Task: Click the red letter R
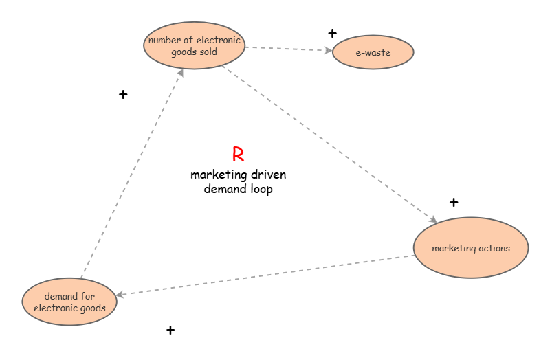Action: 238,155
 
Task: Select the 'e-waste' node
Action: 373,53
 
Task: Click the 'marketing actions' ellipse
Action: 471,248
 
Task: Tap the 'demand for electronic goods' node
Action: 69,302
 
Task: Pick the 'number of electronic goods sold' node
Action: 195,45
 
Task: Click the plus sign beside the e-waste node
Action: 333,33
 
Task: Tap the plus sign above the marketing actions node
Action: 454,202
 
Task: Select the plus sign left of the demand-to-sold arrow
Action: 123,95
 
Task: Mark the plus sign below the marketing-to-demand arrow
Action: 170,330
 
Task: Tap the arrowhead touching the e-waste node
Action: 329,50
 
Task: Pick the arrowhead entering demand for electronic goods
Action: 120,294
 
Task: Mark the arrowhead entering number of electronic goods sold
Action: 180,72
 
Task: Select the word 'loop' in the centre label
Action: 258,189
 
